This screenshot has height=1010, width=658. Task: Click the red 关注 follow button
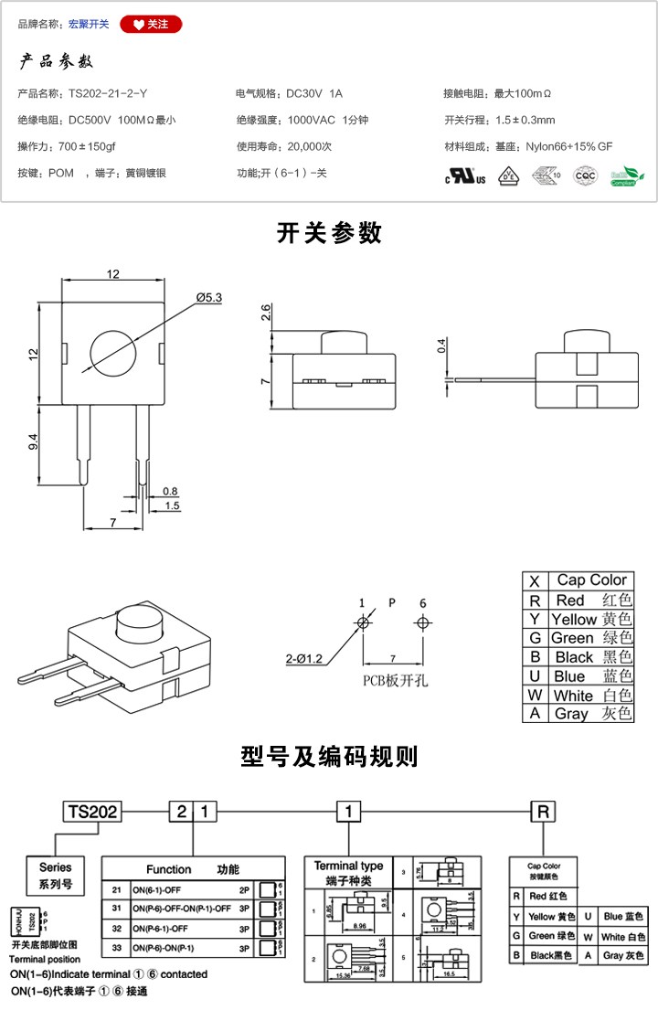pyautogui.click(x=151, y=24)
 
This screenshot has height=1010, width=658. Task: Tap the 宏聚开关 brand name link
pyautogui.click(x=89, y=25)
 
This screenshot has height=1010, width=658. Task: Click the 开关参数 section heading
pyautogui.click(x=329, y=233)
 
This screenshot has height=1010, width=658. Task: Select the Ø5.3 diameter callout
pyautogui.click(x=209, y=297)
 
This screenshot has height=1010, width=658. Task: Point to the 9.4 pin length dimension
pyautogui.click(x=34, y=442)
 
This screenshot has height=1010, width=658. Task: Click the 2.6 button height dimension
pyautogui.click(x=265, y=314)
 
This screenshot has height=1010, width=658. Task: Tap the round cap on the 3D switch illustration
pyautogui.click(x=136, y=630)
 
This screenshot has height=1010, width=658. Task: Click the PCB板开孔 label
pyautogui.click(x=394, y=680)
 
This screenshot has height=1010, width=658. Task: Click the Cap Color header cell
pyautogui.click(x=591, y=579)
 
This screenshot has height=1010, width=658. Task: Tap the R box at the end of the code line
pyautogui.click(x=544, y=811)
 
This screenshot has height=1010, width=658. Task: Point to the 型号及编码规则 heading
pyautogui.click(x=329, y=757)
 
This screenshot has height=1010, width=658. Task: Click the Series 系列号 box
pyautogui.click(x=55, y=876)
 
